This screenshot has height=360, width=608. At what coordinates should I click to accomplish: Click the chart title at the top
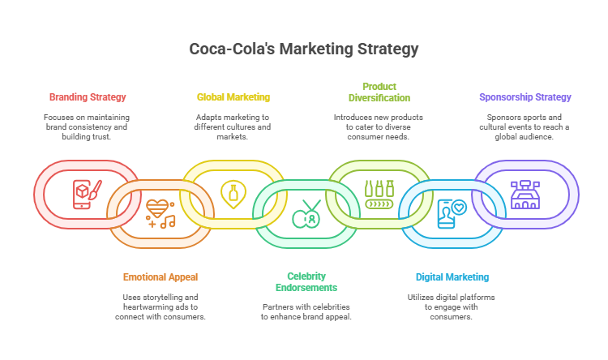point(304,49)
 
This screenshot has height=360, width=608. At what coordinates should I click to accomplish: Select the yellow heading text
point(231,103)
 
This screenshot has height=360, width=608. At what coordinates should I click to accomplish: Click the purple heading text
point(525,99)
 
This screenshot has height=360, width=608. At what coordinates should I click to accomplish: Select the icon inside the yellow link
point(233,195)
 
